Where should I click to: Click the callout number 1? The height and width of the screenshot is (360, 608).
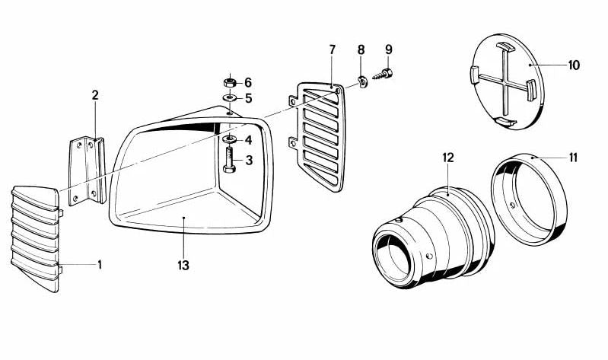point(100,265)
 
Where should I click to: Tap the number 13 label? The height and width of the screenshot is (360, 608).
point(183,266)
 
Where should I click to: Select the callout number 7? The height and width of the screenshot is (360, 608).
point(333,49)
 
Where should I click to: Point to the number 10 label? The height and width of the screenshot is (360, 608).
point(574,65)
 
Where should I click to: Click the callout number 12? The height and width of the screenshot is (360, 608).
point(448,158)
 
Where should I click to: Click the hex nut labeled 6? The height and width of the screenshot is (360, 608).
point(230,82)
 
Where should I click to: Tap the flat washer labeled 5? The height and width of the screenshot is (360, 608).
point(230,97)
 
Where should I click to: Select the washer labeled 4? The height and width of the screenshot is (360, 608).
point(230,139)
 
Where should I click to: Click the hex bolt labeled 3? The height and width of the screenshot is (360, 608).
point(229,160)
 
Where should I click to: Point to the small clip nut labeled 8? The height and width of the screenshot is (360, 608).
point(363,82)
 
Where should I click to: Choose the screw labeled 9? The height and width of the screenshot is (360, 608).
point(383,74)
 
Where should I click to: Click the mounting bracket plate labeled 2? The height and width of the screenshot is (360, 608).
point(88,170)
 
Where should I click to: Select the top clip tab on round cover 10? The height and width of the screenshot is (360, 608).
point(505,46)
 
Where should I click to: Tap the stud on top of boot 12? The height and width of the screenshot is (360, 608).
point(398,221)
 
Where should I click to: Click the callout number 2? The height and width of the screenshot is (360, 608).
point(95,95)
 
